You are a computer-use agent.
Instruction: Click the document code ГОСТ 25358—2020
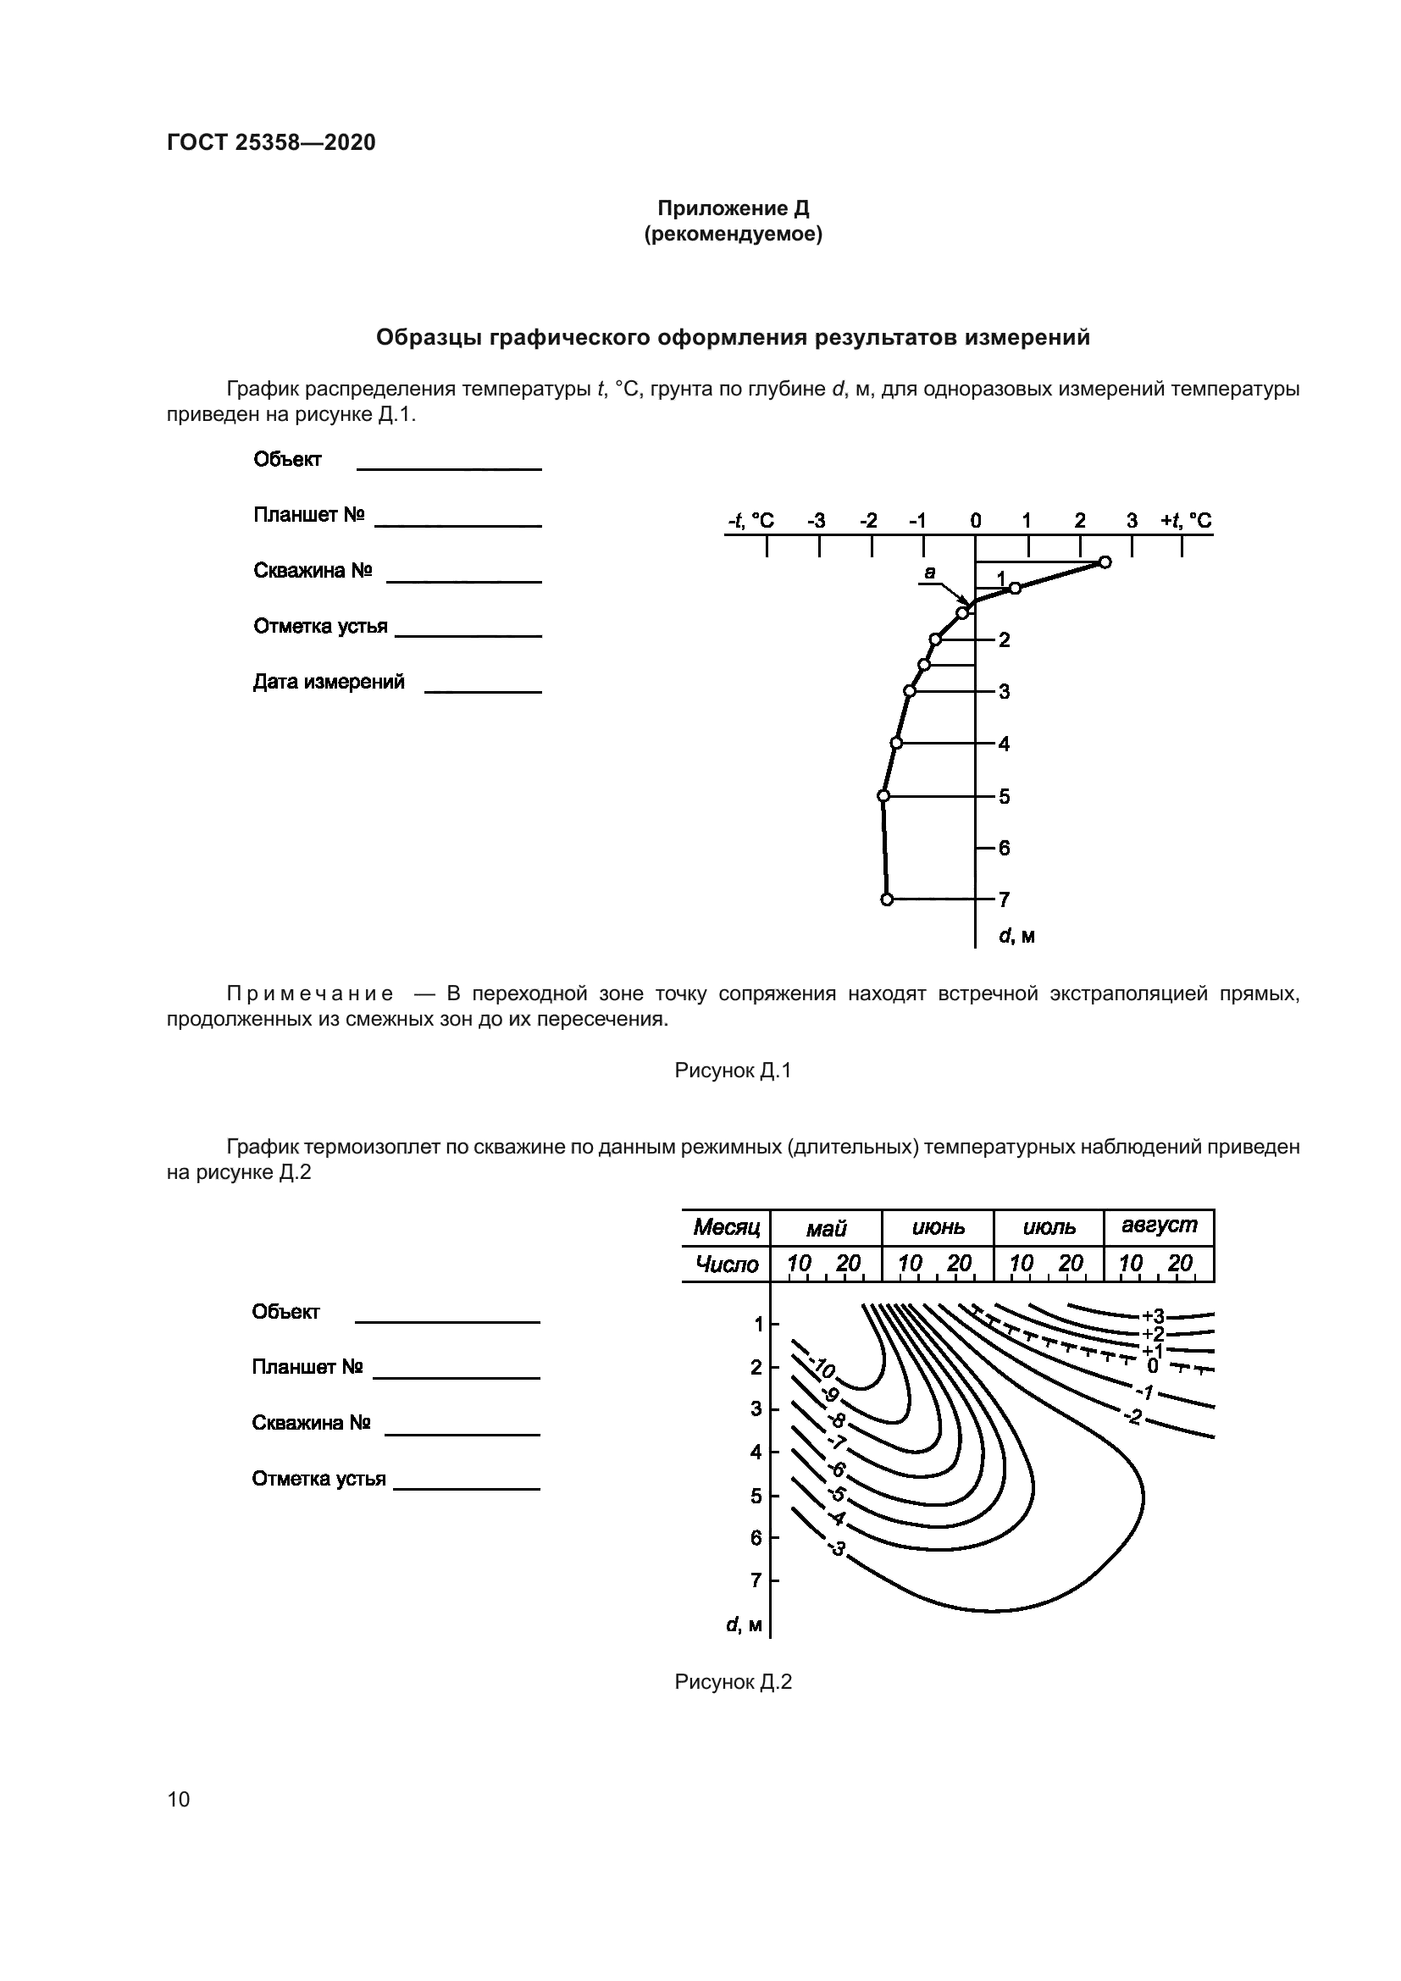(x=271, y=142)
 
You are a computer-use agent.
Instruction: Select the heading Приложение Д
(x=733, y=208)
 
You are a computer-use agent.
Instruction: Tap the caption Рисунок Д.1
(x=733, y=1071)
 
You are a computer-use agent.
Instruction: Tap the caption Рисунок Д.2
(x=733, y=1682)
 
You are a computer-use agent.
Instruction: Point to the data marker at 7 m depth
(x=887, y=899)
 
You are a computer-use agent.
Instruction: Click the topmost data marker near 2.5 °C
(x=1105, y=562)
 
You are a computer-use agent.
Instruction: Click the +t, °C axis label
(x=1186, y=521)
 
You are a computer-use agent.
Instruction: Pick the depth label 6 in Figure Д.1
(x=1005, y=848)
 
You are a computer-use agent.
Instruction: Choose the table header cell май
(x=826, y=1229)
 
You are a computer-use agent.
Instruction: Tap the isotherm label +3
(x=1153, y=1317)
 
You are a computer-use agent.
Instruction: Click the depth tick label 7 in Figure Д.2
(x=756, y=1580)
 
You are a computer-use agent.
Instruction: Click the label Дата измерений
(x=329, y=682)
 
